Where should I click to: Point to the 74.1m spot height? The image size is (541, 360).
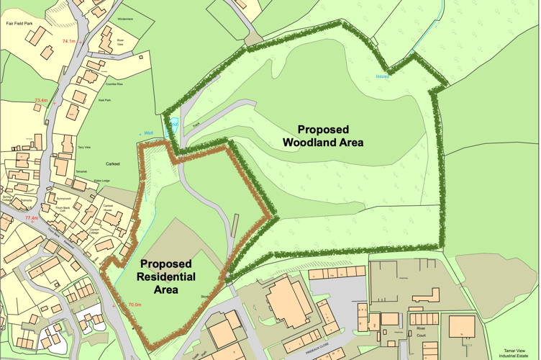pos(69,42)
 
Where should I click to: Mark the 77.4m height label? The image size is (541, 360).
pos(31,218)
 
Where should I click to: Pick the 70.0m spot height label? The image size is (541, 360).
pos(134,305)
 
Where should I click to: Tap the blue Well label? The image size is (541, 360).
pos(149,132)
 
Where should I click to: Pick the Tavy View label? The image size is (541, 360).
pos(84,147)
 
